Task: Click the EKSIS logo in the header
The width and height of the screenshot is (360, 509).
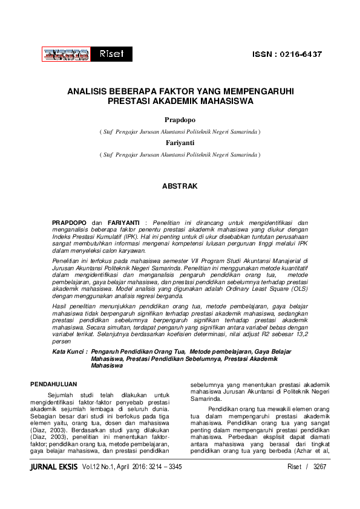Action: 65,54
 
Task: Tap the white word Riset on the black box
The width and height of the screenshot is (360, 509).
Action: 111,54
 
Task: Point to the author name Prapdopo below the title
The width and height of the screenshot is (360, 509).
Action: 179,121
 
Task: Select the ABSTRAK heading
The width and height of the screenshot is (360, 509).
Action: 180,187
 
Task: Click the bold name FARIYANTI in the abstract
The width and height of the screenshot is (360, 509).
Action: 125,223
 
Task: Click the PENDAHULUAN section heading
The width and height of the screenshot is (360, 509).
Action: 55,384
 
